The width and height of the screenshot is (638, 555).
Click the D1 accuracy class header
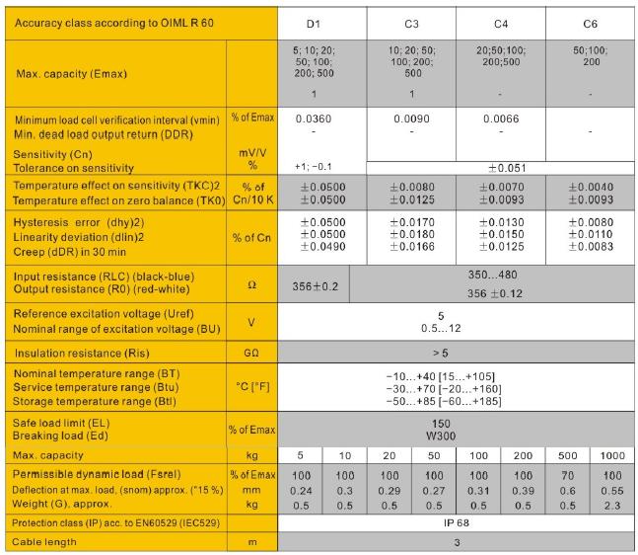[314, 22]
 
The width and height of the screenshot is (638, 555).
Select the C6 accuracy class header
[591, 22]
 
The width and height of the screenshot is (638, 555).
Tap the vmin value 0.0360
[313, 119]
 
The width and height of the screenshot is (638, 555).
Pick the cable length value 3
[456, 543]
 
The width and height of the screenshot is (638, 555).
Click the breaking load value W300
[456, 435]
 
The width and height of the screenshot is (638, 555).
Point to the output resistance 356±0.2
[315, 285]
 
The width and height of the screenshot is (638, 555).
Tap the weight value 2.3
[612, 506]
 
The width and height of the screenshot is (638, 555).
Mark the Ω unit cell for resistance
[252, 284]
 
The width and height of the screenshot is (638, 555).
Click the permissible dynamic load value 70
[568, 476]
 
